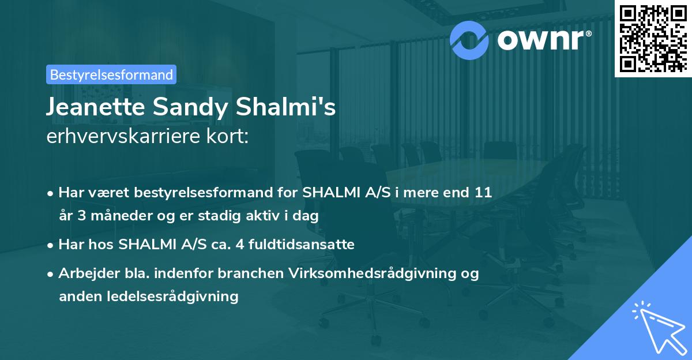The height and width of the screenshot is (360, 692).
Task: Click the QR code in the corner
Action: click(653, 38)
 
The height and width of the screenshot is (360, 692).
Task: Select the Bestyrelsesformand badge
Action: click(111, 74)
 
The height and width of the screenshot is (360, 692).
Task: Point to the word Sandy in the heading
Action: click(182, 107)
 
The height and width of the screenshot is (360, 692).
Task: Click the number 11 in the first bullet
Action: click(483, 192)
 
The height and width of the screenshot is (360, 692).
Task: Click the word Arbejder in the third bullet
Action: click(83, 273)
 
